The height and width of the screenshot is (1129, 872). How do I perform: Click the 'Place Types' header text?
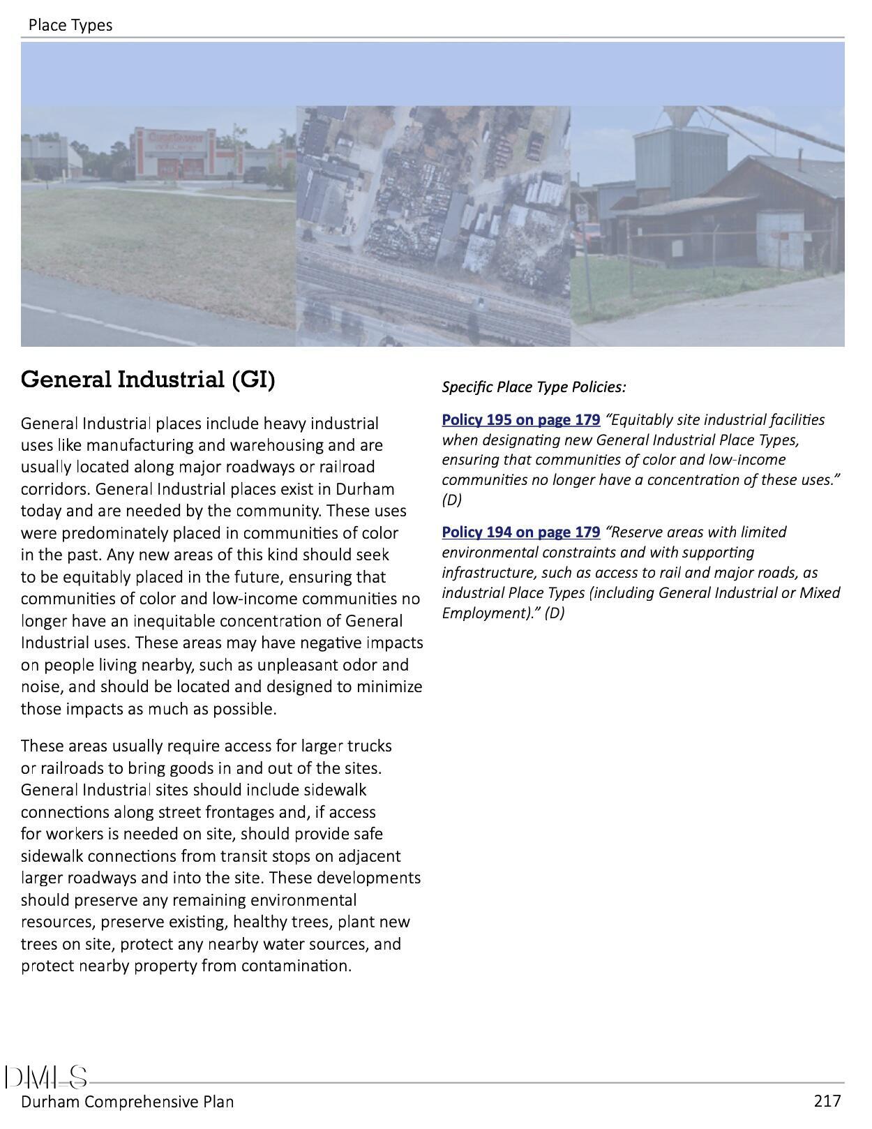[x=70, y=25]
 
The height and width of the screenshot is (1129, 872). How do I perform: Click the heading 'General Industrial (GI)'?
[x=148, y=380]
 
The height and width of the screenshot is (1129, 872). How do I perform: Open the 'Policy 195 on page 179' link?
[x=520, y=419]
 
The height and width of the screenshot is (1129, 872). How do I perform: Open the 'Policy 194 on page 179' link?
[x=520, y=532]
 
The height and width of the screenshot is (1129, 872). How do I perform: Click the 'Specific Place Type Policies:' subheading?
[x=534, y=387]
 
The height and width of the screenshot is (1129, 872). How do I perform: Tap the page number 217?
[x=827, y=1101]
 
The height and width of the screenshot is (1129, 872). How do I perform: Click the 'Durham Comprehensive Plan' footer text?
[x=127, y=1102]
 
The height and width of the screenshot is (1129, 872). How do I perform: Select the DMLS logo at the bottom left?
[x=46, y=1077]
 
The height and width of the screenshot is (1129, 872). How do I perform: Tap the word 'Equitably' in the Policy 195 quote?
[x=640, y=419]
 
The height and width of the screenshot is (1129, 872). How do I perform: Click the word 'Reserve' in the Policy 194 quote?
[x=637, y=532]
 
